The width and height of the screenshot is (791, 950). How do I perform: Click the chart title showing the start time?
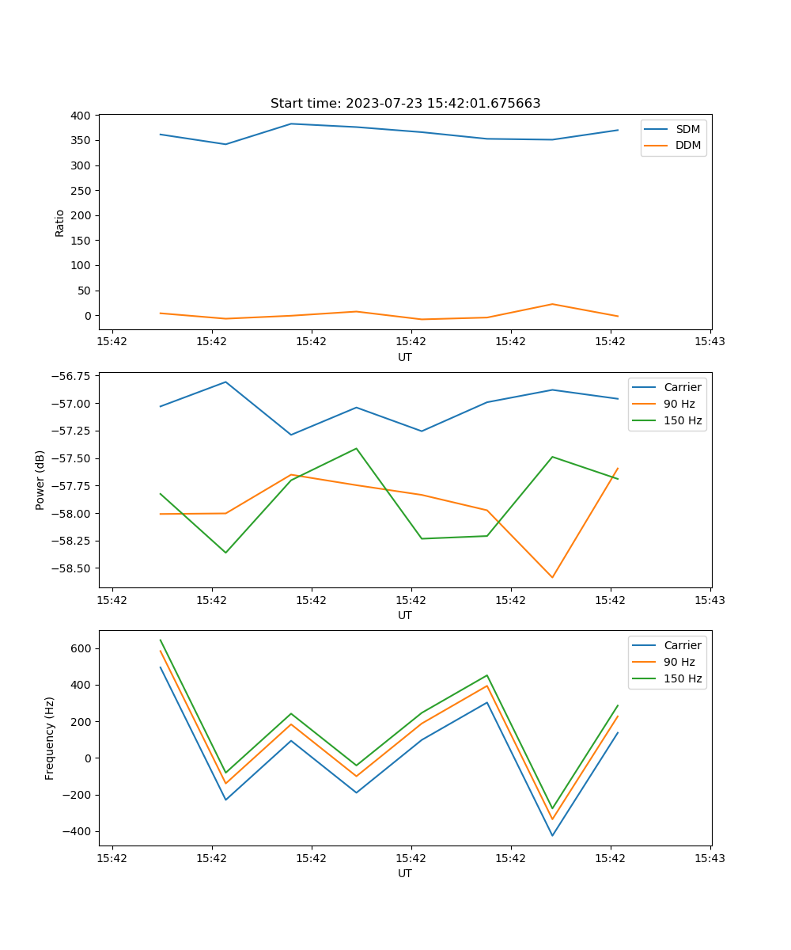coord(405,104)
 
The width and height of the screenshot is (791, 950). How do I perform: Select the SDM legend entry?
coord(687,129)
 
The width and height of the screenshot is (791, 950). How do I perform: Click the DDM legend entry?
coord(687,145)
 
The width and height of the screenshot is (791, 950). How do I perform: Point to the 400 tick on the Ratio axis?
coord(80,116)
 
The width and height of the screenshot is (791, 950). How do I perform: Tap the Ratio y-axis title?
coord(60,222)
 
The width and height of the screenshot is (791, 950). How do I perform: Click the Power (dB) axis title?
coord(40,480)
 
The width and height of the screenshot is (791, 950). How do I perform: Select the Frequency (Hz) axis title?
coord(50,738)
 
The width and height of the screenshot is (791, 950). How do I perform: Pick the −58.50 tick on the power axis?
coord(69,568)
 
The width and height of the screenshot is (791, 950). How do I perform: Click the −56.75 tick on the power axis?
coord(69,376)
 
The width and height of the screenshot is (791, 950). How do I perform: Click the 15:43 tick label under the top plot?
coord(710,342)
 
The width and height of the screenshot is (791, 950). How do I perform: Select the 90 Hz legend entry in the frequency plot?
coord(679,662)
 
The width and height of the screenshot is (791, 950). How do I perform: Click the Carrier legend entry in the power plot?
coord(682,387)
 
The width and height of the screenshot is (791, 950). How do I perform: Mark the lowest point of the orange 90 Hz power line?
coord(552,577)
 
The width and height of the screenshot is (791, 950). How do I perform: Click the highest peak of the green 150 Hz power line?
coord(356,448)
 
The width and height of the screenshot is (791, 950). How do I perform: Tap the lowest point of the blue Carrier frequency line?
coord(552,835)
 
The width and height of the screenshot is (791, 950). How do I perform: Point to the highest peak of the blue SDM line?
coord(291,123)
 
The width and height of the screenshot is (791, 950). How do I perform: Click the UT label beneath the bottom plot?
coord(405,873)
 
